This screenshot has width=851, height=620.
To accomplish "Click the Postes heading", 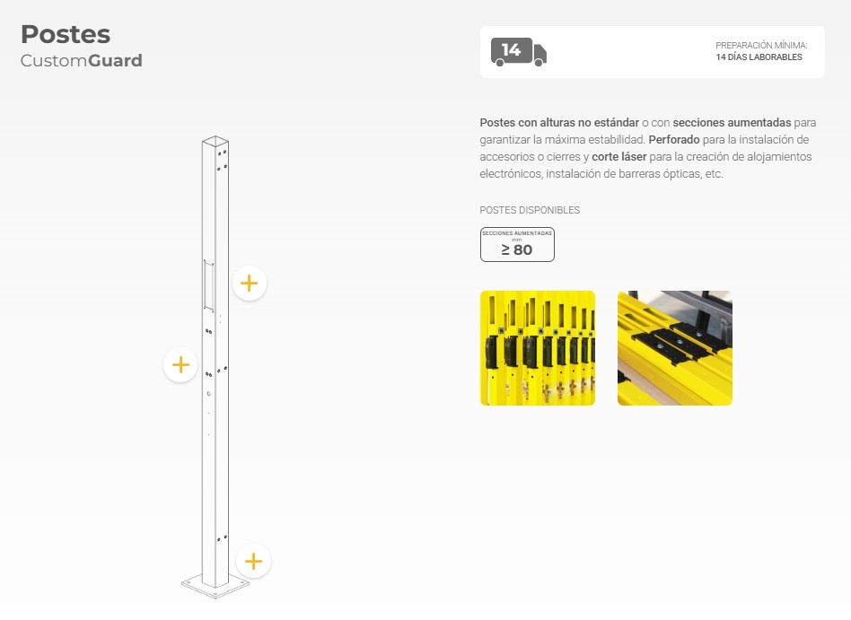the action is (66, 35).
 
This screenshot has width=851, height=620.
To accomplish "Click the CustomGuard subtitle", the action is (82, 60).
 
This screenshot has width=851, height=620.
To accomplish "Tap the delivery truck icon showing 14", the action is (518, 52).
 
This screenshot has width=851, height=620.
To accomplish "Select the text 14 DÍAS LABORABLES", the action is (759, 57).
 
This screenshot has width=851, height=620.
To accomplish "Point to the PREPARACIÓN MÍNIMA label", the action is (761, 46).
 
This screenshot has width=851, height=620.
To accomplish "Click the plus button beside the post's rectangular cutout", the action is (250, 284).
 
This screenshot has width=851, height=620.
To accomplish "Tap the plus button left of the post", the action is (180, 364).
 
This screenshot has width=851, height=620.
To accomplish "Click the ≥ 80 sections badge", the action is (517, 245).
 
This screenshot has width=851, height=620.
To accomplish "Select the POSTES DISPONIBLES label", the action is (530, 210).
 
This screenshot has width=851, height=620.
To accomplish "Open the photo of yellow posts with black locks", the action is (538, 348).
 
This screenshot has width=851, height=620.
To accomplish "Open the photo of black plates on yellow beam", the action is (675, 348).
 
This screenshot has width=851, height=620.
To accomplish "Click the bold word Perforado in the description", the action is (674, 140).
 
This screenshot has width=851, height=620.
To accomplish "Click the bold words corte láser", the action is (619, 157).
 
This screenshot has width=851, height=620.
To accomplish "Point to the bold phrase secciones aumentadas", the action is (733, 123).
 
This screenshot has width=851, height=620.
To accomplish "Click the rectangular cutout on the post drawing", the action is (208, 285).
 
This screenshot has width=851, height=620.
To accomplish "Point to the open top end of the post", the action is (215, 142).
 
